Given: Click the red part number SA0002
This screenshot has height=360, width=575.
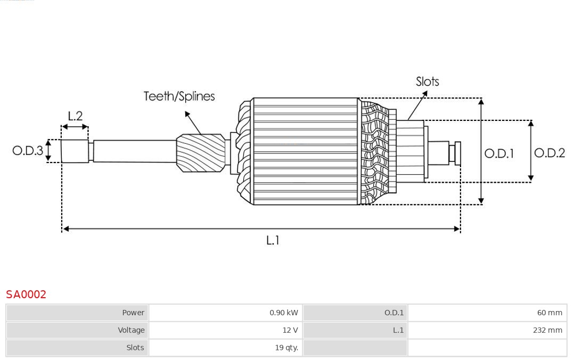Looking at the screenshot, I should tap(26, 294).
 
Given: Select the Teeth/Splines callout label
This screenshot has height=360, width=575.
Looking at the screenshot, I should tap(179, 96).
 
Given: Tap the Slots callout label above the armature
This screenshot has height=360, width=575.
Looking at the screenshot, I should tap(427, 81).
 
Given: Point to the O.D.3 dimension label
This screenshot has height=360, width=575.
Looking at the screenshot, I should tap(28, 151).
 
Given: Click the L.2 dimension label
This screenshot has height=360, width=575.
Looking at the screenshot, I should tap(75, 116).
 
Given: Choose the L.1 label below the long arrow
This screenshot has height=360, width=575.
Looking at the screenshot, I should tap(273, 240).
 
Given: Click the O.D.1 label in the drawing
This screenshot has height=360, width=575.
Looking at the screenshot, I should tap(499, 153).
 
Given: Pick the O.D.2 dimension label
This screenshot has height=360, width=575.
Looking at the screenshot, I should tap(549, 153).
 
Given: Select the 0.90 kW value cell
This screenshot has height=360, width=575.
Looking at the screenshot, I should tap(283, 313).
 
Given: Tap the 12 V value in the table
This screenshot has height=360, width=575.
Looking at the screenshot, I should tap(290, 330).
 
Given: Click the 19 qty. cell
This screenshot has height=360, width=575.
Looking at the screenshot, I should tap(286, 348).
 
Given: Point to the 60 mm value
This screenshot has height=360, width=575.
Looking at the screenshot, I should tap(549, 313).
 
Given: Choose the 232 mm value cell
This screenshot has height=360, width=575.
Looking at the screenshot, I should tap(547, 330).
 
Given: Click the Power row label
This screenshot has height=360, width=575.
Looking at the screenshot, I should tap(133, 313).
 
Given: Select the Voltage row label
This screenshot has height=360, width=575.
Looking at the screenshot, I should tap(131, 330).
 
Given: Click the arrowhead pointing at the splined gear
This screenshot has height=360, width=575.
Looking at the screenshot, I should tap(187, 113).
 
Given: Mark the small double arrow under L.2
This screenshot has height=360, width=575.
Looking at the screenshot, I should tap(75, 127).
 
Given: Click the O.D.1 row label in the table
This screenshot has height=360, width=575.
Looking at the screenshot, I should tap(394, 313).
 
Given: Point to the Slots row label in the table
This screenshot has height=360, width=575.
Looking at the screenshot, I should tap(135, 348).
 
